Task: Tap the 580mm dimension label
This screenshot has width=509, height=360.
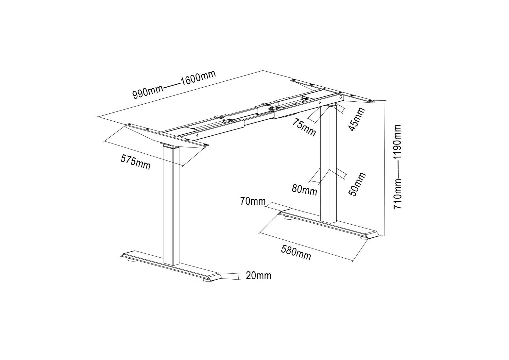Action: click(x=296, y=252)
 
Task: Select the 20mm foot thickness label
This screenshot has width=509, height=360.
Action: click(x=258, y=276)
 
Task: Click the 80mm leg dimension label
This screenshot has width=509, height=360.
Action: click(x=304, y=189)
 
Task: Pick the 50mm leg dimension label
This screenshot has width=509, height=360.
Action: click(x=357, y=184)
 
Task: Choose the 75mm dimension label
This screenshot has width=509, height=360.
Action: click(x=304, y=127)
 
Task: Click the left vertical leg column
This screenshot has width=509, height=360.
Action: click(x=171, y=206)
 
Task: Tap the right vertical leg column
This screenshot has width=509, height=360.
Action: click(x=328, y=163)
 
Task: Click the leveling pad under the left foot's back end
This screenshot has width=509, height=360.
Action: click(x=132, y=260)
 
